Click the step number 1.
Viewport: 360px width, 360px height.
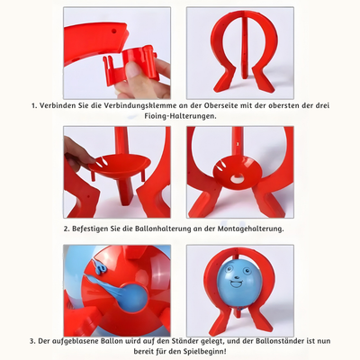click(x=34, y=105)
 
